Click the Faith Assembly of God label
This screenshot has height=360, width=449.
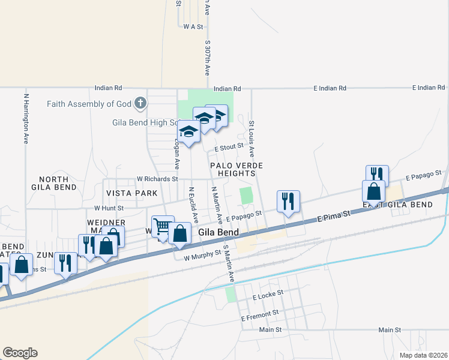tap(89, 104)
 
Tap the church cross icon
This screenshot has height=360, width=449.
tap(140, 103)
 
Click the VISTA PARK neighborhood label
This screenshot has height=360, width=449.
tap(131, 193)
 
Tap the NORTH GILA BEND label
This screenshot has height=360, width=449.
tap(58, 183)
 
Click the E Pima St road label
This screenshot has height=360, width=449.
tap(333, 218)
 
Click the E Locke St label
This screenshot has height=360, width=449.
tap(267, 297)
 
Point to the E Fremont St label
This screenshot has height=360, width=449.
tap(260, 313)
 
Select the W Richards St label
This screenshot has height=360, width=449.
tap(157, 179)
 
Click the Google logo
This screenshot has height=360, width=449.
tap(20, 353)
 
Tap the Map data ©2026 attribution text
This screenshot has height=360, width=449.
tap(423, 355)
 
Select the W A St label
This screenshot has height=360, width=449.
tap(193, 26)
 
